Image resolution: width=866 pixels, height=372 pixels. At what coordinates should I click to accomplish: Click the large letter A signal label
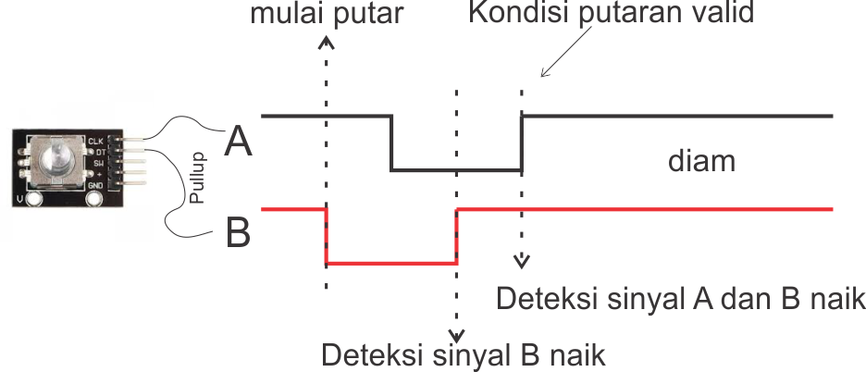coord(238,142)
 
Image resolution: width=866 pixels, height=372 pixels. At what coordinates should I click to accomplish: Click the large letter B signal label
coord(238,233)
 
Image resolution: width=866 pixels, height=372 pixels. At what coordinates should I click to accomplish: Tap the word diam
coord(701,162)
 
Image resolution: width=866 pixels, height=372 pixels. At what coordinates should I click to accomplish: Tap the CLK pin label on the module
coord(95,141)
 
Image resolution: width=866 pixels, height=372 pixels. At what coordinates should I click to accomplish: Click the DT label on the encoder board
coord(99,151)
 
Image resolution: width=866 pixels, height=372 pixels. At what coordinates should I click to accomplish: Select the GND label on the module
coord(95,184)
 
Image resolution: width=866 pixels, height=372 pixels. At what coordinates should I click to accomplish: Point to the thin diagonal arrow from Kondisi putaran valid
coord(558,61)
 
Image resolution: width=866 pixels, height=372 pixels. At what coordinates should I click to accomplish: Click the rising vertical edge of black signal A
coord(522,143)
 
